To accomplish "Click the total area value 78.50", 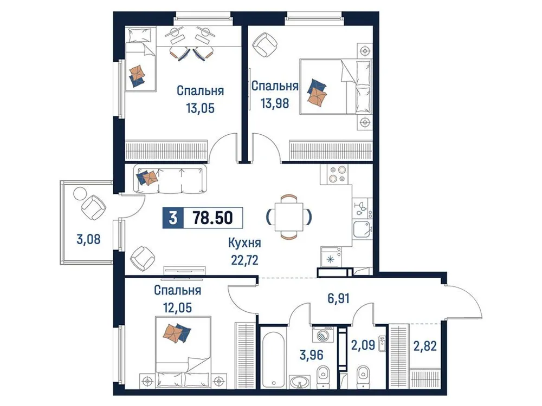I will tap(212, 218).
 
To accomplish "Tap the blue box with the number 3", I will tap(173, 218).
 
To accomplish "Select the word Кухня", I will tap(242, 244).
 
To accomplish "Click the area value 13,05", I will tap(199, 108).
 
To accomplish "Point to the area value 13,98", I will tap(274, 103).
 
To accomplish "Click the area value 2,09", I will tap(362, 345).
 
